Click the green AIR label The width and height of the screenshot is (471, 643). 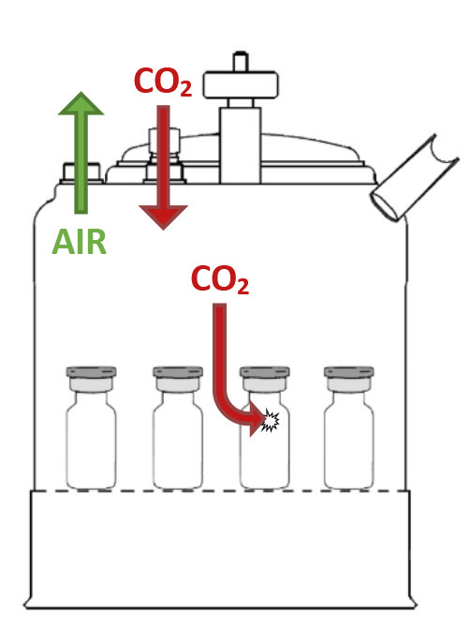click(x=79, y=242)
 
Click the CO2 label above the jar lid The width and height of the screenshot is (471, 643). click(x=163, y=82)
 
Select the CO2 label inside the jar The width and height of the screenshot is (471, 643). click(x=220, y=279)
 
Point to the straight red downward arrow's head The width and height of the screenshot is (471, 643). click(x=163, y=217)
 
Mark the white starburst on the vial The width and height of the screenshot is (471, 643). click(x=272, y=420)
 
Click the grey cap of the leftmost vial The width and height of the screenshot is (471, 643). click(x=92, y=372)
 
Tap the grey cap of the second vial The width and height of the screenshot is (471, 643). click(x=178, y=372)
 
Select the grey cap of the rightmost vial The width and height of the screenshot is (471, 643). click(x=349, y=372)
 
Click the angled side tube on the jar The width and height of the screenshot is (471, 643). click(x=414, y=178)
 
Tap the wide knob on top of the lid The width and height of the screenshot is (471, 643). click(x=242, y=85)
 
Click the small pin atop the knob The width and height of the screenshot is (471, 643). click(x=241, y=61)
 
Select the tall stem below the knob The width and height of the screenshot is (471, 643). click(x=240, y=145)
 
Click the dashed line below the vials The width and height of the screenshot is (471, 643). click(x=221, y=490)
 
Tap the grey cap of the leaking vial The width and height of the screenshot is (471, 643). click(x=265, y=372)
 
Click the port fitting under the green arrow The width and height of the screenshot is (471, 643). click(x=81, y=173)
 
